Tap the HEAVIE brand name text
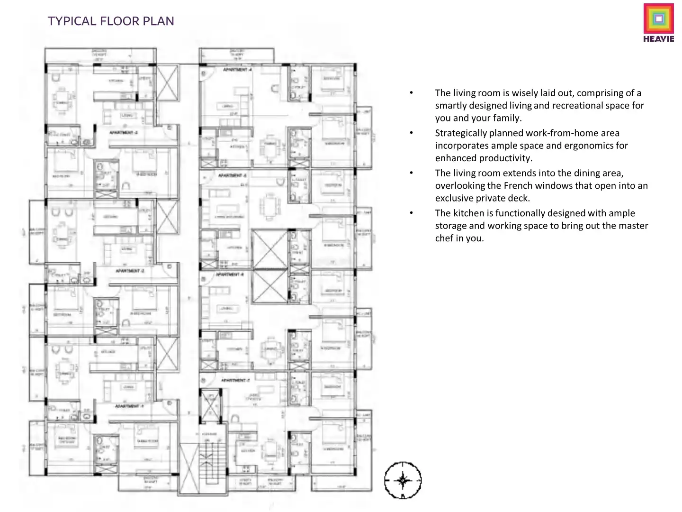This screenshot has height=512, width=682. (658, 39)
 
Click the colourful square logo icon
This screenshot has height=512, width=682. (658, 19)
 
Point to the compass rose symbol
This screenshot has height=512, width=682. (403, 480)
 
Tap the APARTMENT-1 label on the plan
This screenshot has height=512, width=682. (129, 406)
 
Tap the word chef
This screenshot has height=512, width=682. (444, 238)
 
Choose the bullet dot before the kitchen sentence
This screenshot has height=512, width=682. (412, 213)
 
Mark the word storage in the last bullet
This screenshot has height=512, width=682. (450, 226)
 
